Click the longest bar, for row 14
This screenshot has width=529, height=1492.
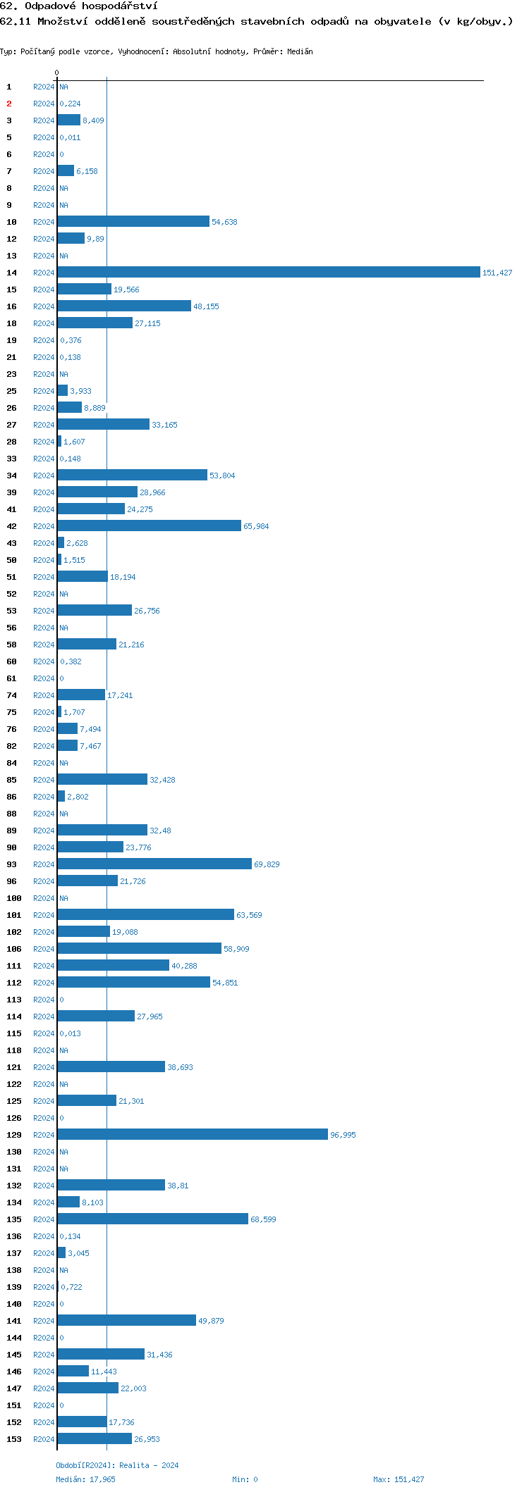(x=268, y=272)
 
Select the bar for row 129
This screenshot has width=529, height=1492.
(x=193, y=1134)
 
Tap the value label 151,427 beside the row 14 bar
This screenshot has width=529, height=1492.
(x=497, y=273)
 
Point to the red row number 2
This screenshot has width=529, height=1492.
(x=9, y=104)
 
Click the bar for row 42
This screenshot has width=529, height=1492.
(x=149, y=526)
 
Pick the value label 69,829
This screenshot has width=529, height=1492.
(x=267, y=864)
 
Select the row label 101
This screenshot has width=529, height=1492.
(x=14, y=915)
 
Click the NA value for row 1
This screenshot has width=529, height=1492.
(x=63, y=87)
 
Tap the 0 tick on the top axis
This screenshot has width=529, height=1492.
(x=57, y=73)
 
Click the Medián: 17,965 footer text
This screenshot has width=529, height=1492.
(x=85, y=1479)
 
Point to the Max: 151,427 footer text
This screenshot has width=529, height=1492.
(x=399, y=1479)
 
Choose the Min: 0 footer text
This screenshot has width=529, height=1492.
(x=245, y=1479)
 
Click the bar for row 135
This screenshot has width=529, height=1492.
(x=152, y=1219)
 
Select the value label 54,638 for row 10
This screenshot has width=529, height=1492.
(x=224, y=222)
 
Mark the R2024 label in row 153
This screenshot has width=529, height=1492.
(x=44, y=1439)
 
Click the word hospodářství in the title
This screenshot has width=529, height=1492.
(x=119, y=6)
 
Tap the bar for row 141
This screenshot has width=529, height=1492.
(x=126, y=1320)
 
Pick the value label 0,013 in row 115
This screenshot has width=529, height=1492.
(x=70, y=1033)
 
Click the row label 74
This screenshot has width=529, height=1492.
(x=12, y=695)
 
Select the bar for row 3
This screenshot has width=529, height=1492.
(x=68, y=120)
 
